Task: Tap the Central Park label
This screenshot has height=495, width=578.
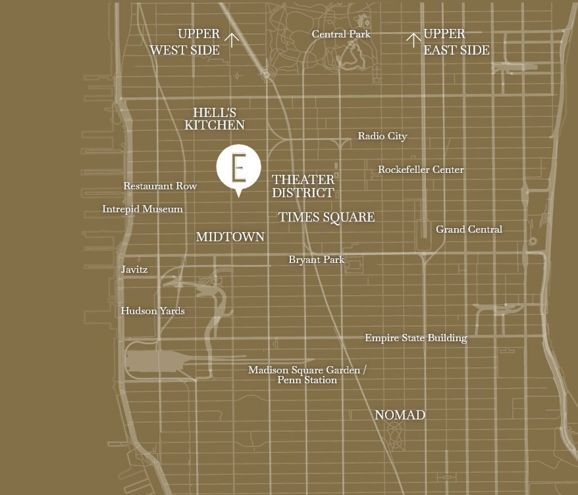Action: tap(341, 34)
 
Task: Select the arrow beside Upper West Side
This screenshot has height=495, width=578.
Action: tap(232, 41)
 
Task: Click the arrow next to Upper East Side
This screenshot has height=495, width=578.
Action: tap(413, 41)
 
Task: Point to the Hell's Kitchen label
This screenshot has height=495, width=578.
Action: tap(215, 119)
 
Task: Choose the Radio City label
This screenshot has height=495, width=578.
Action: tap(382, 136)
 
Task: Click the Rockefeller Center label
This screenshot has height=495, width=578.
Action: tap(421, 170)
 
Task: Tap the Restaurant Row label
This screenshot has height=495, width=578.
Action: tap(160, 186)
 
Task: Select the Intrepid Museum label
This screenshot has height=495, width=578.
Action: tap(142, 209)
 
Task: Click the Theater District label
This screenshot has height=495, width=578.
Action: tap(303, 186)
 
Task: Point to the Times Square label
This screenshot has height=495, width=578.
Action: tap(327, 218)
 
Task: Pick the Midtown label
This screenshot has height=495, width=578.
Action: tap(230, 237)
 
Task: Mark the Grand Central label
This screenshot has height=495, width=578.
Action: tap(469, 229)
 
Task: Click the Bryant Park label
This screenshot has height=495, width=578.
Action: tap(317, 260)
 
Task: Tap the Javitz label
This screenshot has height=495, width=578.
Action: tap(134, 270)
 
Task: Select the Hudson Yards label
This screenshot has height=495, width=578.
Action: tap(153, 311)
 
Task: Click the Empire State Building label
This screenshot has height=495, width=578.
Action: tap(416, 338)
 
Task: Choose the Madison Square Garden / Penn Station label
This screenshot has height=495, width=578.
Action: tap(307, 375)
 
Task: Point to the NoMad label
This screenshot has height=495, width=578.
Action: tap(400, 415)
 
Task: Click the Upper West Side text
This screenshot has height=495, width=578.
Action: tap(185, 41)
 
